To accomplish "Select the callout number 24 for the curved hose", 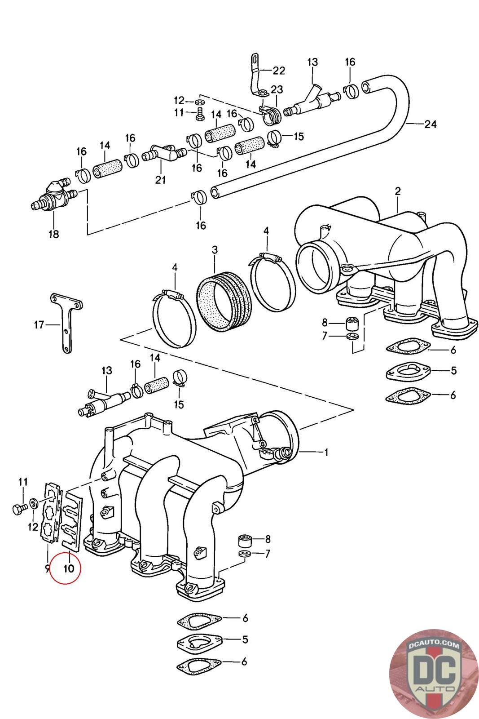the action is pyautogui.click(x=430, y=124).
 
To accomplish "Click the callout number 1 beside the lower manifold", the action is pyautogui.click(x=326, y=453).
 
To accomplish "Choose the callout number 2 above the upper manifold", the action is pyautogui.click(x=398, y=191).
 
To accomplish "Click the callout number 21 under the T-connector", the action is pyautogui.click(x=160, y=180).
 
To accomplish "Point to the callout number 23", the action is pyautogui.click(x=277, y=89).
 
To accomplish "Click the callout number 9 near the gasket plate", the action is pyautogui.click(x=48, y=569).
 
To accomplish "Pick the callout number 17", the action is pyautogui.click(x=39, y=325).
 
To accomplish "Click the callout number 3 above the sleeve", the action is pyautogui.click(x=215, y=250).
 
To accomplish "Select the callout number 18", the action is pyautogui.click(x=53, y=234).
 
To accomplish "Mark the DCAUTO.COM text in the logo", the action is pyautogui.click(x=434, y=645).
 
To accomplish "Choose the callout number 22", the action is pyautogui.click(x=279, y=71).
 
